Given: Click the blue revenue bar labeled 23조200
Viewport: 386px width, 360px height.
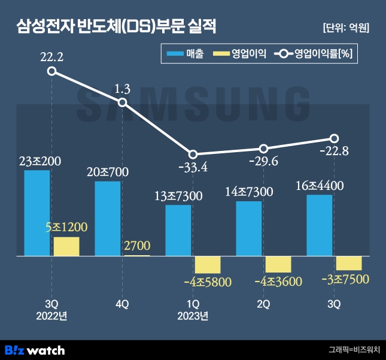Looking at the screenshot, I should point(37,213).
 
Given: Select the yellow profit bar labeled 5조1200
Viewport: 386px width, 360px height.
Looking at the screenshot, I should point(66,246).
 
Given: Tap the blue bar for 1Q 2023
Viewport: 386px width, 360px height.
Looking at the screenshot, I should point(178,231).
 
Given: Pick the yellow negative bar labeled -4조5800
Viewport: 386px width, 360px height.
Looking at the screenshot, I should point(208,264).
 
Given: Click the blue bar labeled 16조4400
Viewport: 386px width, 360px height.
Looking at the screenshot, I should point(319,225).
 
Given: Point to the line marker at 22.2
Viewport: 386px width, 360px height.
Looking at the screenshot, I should point(52,71).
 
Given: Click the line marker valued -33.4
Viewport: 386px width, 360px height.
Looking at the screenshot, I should point(193,154).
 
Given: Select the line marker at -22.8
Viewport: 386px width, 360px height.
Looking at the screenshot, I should point(335,138).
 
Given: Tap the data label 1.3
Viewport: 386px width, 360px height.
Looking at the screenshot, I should point(122,89).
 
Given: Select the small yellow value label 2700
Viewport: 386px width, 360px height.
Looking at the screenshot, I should point(137,244).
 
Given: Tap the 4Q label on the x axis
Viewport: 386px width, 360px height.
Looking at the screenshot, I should point(122,304).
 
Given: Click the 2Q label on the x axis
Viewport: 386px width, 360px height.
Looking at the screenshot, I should point(264,304).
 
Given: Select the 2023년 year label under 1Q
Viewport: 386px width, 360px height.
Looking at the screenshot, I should point(193,316).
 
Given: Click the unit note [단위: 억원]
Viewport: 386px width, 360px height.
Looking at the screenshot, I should point(345,28).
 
